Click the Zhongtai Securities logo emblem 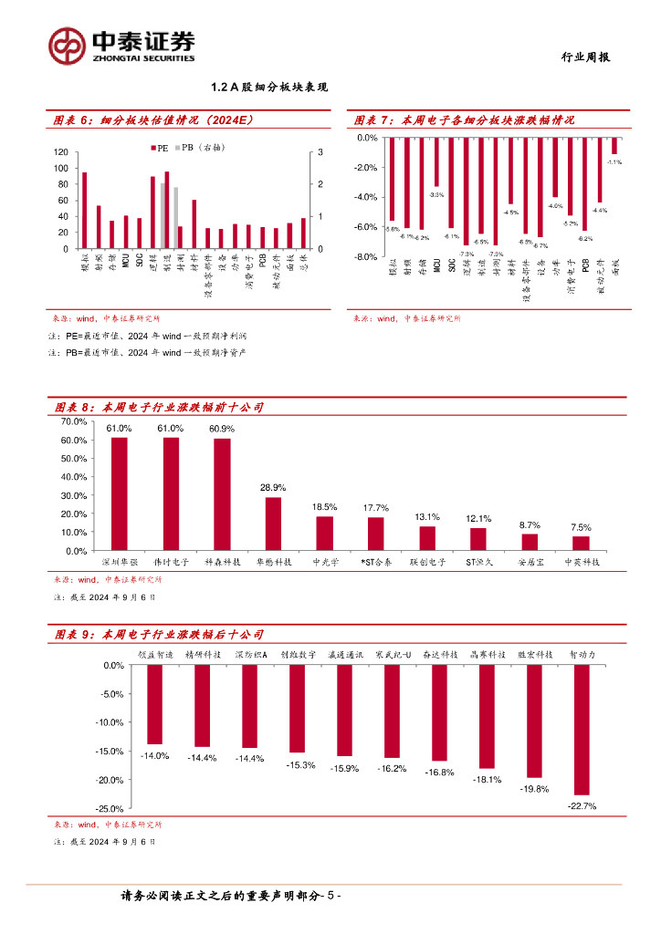coord(68,44)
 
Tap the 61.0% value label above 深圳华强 coord(119,429)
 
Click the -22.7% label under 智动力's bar coord(581,806)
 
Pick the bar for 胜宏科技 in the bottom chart coord(534,721)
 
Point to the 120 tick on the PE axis coord(60,152)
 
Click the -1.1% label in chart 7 coord(614,162)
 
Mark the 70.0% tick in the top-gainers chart coord(73,421)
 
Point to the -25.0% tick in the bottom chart coord(110,809)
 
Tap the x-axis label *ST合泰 coord(375,563)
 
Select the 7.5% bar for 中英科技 coord(581,544)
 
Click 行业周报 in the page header coord(585,57)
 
